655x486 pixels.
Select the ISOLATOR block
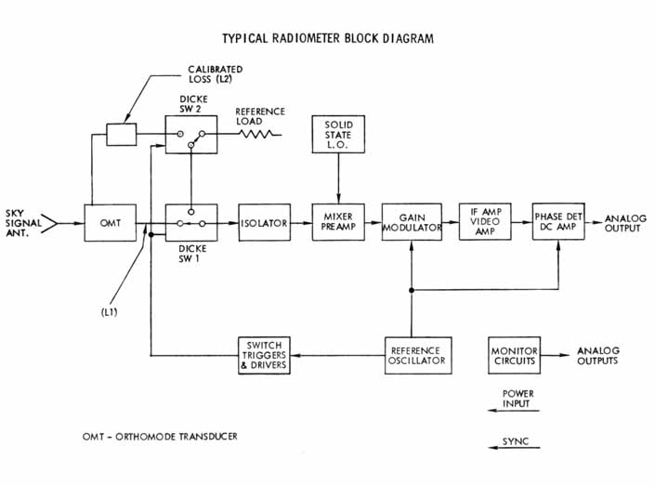[264, 223]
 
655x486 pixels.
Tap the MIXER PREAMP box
[336, 223]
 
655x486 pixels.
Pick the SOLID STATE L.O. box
[337, 136]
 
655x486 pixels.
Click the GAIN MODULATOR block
[411, 223]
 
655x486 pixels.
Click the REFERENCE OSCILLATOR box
[417, 355]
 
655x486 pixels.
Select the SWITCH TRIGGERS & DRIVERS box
[263, 355]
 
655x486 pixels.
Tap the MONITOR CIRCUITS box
[515, 355]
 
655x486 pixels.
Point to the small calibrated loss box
[120, 135]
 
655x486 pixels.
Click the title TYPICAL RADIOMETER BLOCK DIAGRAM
[328, 39]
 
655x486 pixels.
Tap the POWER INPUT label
[517, 399]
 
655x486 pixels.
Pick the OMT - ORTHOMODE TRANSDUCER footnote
[165, 436]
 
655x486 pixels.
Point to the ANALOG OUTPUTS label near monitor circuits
[597, 355]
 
